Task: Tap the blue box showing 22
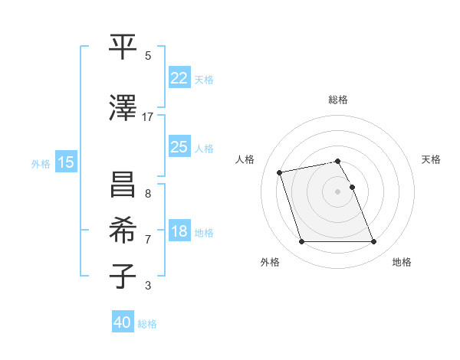(x=179, y=78)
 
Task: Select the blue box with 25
(x=179, y=147)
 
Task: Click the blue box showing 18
(x=179, y=232)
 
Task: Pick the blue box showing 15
(x=66, y=162)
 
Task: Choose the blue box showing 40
(x=123, y=323)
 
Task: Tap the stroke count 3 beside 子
(x=147, y=286)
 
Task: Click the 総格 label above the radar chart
(x=338, y=100)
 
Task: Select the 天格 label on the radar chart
(x=431, y=159)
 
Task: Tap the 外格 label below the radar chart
(x=270, y=262)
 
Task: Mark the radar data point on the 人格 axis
(x=280, y=172)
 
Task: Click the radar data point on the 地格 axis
(x=373, y=242)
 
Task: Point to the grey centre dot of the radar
(x=338, y=191)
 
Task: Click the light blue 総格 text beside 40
(x=147, y=324)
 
